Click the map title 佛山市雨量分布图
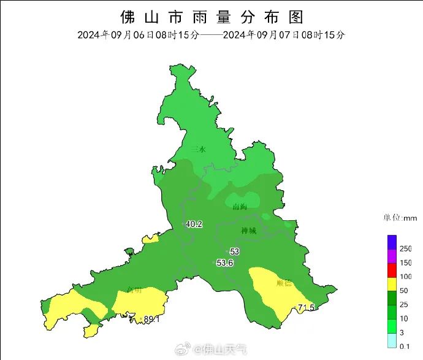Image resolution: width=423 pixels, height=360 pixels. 211,16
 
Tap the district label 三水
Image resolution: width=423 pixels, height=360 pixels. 198,149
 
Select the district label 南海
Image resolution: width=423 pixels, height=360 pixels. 240,207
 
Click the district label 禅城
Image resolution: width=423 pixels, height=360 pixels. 248,231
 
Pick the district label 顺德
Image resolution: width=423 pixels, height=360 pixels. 284,283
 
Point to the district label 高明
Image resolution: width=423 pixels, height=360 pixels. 134,289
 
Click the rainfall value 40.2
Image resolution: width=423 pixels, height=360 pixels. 194,224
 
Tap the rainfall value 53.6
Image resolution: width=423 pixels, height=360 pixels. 226,263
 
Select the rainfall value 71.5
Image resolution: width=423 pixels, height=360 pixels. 306,307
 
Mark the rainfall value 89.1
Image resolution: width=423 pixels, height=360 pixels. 151,319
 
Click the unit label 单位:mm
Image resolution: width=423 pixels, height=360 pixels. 400,218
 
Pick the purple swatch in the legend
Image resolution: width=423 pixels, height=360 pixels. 392,256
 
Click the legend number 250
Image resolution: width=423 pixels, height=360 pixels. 406,248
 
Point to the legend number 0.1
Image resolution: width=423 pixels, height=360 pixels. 405,347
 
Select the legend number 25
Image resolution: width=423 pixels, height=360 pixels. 404,305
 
